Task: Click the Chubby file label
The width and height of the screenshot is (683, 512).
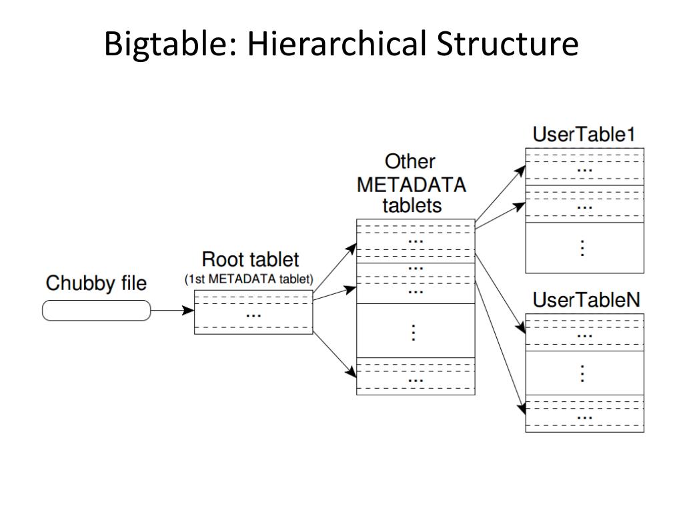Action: (x=96, y=283)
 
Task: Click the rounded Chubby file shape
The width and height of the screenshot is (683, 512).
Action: (x=97, y=311)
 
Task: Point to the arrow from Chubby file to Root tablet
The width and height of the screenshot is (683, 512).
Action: (x=172, y=311)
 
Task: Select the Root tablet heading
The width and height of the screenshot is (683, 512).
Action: (x=251, y=259)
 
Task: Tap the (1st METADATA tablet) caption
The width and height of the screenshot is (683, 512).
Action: (x=249, y=279)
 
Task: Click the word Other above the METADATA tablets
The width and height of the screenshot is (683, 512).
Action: (x=410, y=161)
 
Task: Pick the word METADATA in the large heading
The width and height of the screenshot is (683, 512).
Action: (x=412, y=183)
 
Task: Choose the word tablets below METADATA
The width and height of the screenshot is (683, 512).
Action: (x=412, y=205)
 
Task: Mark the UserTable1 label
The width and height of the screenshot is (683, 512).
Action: (x=584, y=135)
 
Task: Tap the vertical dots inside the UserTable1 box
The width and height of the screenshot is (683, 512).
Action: (x=583, y=247)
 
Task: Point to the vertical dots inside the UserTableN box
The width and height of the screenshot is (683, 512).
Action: (x=583, y=373)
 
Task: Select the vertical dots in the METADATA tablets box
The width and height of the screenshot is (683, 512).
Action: (x=414, y=331)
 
